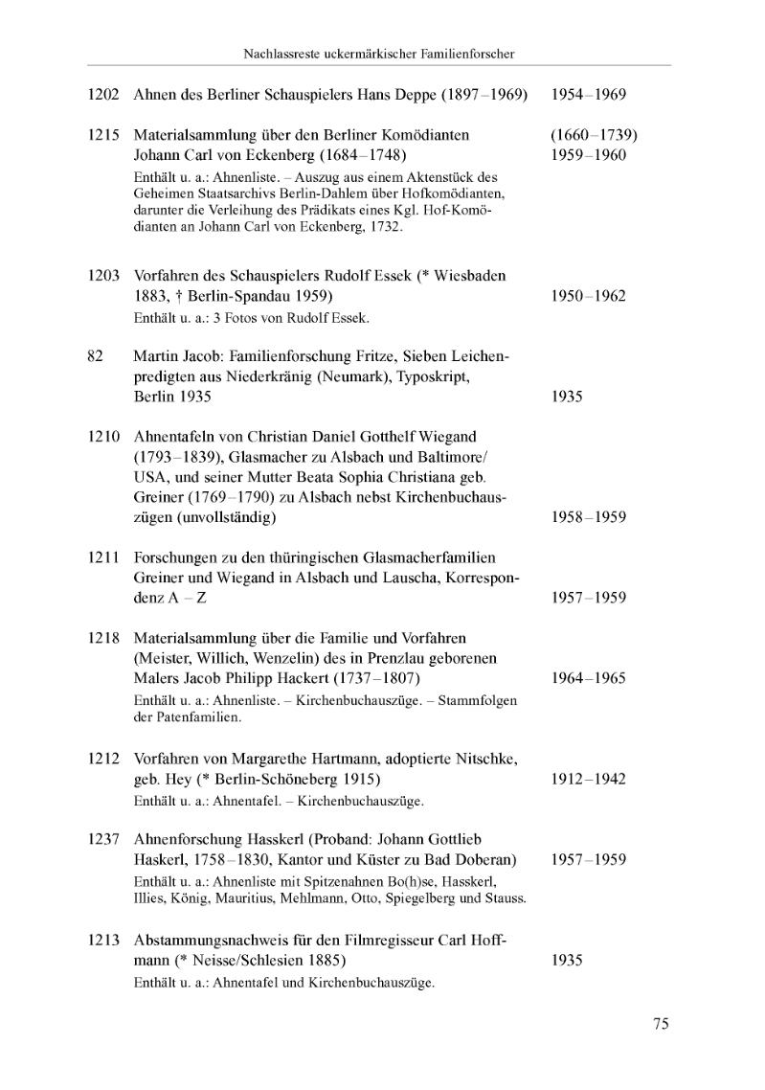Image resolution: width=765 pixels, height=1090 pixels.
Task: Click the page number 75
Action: click(661, 1024)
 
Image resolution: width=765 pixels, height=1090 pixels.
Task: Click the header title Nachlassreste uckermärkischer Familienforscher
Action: click(379, 54)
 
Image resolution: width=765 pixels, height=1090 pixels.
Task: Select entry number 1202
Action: click(102, 96)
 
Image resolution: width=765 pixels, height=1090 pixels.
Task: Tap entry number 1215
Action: click(102, 135)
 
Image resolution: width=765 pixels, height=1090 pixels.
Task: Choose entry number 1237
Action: click(102, 839)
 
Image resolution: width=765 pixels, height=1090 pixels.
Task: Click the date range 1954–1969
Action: click(589, 96)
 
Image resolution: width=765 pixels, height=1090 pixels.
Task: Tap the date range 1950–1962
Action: click(589, 296)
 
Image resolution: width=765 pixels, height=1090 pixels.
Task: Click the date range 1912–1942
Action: click(589, 779)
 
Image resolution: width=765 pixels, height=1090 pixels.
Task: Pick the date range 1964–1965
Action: click(589, 678)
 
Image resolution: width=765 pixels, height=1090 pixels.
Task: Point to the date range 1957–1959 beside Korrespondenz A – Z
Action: click(589, 598)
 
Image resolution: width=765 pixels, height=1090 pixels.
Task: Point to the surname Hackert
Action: click(293, 678)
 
